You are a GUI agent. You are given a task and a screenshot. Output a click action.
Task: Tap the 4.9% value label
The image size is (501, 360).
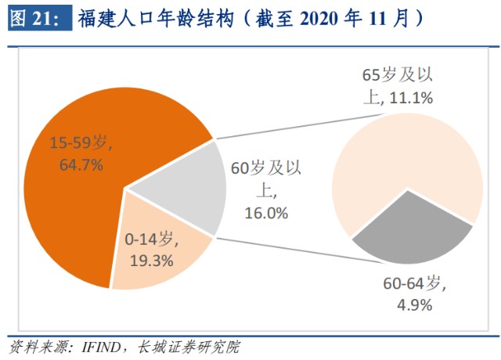[x=412, y=305]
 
